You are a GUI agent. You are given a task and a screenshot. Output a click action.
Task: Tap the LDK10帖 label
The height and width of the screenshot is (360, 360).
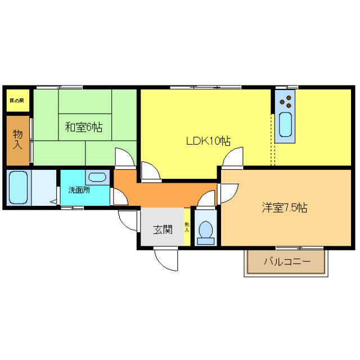click(208, 141)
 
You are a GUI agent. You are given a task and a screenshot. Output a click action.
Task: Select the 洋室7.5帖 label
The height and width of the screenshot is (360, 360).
click(284, 207)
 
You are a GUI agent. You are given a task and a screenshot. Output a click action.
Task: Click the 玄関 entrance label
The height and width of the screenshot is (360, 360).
click(163, 229)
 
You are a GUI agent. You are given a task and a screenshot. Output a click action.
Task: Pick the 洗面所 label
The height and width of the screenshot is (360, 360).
click(79, 190)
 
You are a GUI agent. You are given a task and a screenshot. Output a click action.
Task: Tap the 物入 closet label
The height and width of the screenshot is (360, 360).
click(18, 139)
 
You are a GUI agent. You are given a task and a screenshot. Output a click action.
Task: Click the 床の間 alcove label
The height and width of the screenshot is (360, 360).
click(16, 101)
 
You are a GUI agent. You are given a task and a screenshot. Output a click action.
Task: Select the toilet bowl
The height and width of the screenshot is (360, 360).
click(205, 231)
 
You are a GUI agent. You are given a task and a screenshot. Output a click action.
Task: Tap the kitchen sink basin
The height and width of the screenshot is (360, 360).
click(285, 124)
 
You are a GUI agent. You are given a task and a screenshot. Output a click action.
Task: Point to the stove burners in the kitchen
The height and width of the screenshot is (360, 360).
click(285, 101)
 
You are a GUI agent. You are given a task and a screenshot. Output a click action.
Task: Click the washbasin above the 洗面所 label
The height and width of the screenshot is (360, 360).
click(98, 177)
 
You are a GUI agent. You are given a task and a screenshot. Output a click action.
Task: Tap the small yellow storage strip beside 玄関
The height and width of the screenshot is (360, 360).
click(187, 227)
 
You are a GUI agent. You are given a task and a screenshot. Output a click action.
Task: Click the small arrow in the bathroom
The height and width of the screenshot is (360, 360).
click(53, 201)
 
